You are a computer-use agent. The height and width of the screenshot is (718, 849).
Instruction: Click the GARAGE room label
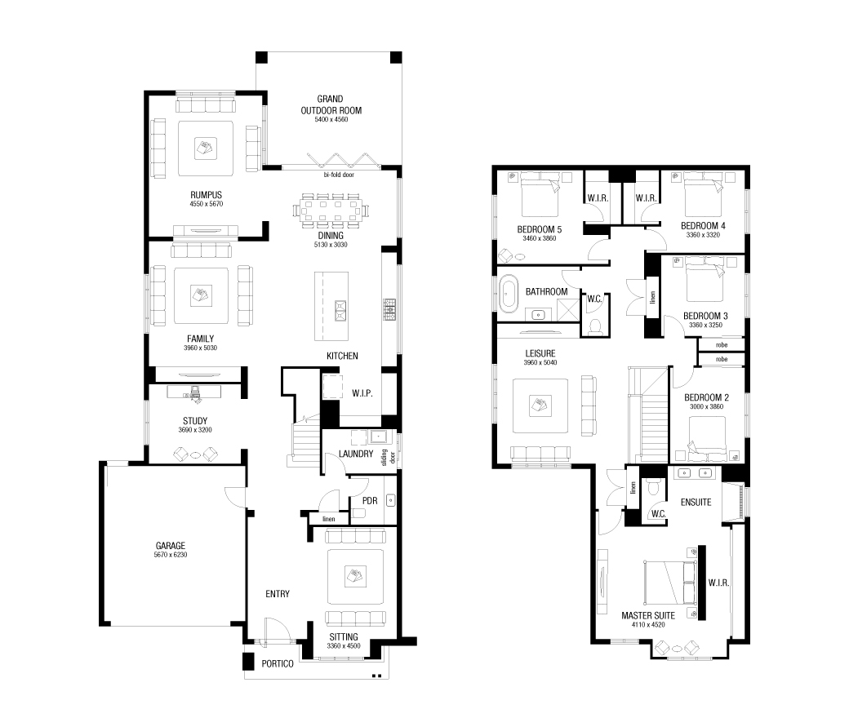coord(171,546)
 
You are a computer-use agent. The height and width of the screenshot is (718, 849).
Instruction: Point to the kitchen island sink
coord(340,308)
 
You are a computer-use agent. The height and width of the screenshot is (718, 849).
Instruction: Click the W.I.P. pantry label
coord(362,394)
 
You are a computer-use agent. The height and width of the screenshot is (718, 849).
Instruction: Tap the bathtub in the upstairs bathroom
coord(509,294)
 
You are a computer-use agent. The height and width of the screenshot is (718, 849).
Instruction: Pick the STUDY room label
coord(194,421)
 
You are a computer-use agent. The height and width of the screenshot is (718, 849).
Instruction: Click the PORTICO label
coord(278,664)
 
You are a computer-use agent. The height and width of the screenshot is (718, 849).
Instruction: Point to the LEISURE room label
coord(540,353)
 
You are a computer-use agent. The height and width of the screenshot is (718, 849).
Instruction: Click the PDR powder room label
coord(370,500)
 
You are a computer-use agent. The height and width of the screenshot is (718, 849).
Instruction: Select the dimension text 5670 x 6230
coord(171,555)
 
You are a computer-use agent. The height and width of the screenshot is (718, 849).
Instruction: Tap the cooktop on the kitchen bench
coord(389,308)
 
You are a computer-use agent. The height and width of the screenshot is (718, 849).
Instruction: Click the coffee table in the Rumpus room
coord(206,148)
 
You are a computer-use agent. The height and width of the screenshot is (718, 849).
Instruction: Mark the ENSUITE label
coord(696,503)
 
